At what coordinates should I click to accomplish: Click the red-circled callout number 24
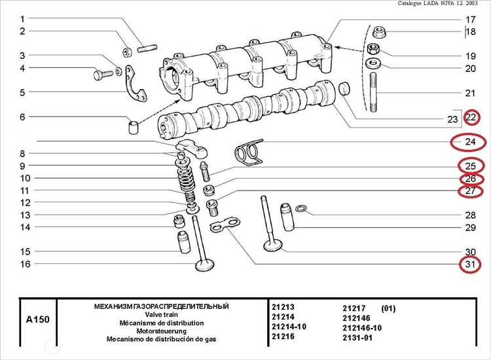tap(469, 142)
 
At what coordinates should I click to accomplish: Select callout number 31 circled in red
tap(469, 265)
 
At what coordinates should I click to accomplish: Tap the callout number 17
tap(470, 20)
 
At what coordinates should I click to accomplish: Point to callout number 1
tap(22, 18)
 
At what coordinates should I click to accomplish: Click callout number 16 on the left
tap(24, 264)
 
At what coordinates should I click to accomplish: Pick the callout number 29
tap(470, 228)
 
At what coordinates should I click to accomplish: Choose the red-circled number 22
tap(471, 118)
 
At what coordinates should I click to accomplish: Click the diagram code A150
tap(37, 320)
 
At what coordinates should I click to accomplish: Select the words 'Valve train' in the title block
tap(161, 315)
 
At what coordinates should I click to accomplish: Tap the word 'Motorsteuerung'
tap(161, 331)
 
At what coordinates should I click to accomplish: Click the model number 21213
tap(283, 306)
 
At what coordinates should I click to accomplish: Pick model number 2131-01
tap(358, 337)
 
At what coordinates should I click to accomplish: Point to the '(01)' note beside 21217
tap(388, 308)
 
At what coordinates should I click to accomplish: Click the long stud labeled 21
tap(372, 94)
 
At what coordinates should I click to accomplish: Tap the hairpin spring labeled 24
tap(247, 153)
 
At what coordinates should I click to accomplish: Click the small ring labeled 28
tap(301, 209)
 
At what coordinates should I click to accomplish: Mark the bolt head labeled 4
tap(100, 75)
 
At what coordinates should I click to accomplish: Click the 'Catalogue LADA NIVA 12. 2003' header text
tap(442, 4)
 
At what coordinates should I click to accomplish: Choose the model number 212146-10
tap(362, 327)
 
